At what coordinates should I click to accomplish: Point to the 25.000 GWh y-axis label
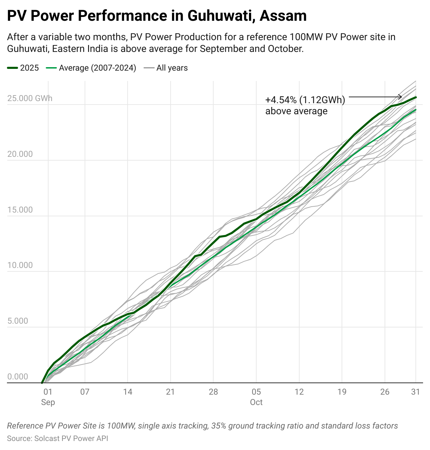pyautogui.click(x=30, y=98)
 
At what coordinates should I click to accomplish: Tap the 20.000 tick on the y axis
pyautogui.click(x=20, y=154)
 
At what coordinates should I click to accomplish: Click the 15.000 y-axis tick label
pyautogui.click(x=20, y=210)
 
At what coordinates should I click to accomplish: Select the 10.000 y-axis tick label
pyautogui.click(x=20, y=265)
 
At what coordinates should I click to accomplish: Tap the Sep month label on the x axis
pyautogui.click(x=48, y=402)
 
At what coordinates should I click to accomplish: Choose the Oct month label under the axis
pyautogui.click(x=256, y=402)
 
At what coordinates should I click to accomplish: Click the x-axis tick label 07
pyautogui.click(x=85, y=392)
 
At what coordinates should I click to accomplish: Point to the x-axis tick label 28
pyautogui.click(x=213, y=392)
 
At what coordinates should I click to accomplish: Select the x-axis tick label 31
pyautogui.click(x=415, y=392)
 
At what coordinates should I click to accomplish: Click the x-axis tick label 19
pyautogui.click(x=342, y=392)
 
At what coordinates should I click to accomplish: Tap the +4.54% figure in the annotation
pyautogui.click(x=281, y=100)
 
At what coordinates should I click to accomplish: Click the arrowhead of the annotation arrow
pyautogui.click(x=401, y=97)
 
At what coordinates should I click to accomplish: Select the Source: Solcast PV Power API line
pyautogui.click(x=58, y=439)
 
